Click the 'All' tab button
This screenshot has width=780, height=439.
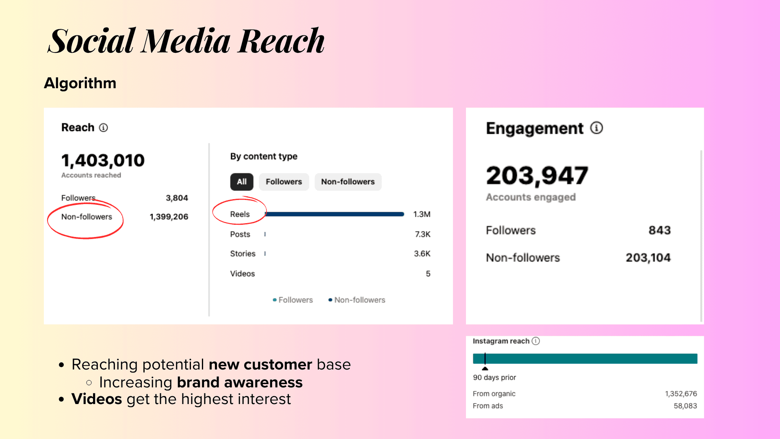click(242, 182)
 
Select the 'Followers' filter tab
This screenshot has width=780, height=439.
click(284, 182)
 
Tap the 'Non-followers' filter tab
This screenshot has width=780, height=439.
click(348, 182)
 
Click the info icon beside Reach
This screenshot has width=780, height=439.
click(104, 128)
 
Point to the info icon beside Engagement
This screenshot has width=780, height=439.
click(596, 128)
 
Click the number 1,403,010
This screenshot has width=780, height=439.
click(103, 161)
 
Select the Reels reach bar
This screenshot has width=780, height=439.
click(334, 214)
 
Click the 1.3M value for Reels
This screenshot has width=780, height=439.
click(422, 214)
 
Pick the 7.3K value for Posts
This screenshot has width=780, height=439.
click(422, 234)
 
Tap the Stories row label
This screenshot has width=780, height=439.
click(243, 254)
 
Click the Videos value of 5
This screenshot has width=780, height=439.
click(428, 274)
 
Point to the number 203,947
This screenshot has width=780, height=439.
click(537, 176)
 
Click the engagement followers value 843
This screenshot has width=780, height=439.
click(659, 230)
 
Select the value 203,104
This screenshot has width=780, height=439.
click(648, 258)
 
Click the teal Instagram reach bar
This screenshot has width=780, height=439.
click(585, 359)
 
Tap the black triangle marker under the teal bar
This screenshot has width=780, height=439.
click(485, 368)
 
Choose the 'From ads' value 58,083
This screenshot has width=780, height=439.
click(685, 406)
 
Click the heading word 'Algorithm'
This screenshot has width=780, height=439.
click(80, 83)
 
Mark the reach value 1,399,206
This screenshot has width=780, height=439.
click(169, 217)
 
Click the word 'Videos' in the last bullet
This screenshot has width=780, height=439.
click(97, 399)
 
